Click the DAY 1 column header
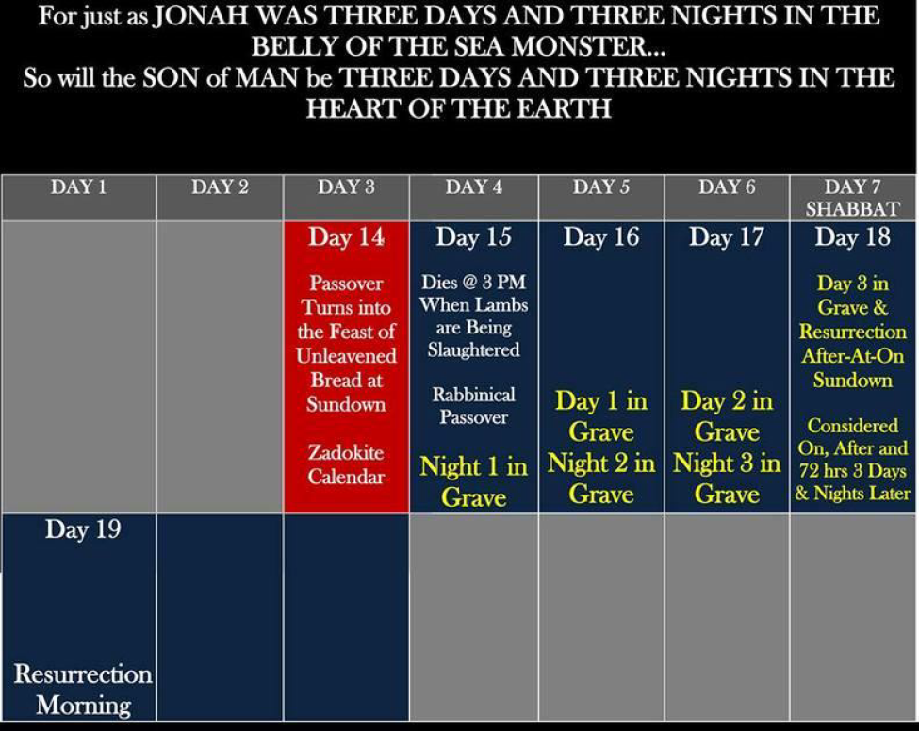[78, 187]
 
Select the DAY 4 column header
[473, 187]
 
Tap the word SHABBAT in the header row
[852, 208]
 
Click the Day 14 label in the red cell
[346, 237]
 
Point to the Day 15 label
[473, 237]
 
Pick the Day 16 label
[600, 237]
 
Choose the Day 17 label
[727, 237]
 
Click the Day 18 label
[852, 237]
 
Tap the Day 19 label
[83, 528]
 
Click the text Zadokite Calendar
[346, 463]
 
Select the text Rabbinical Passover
[473, 405]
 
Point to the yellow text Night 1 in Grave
[473, 481]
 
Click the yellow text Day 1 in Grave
[600, 415]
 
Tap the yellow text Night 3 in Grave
[727, 478]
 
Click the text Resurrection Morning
[83, 689]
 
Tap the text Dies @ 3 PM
[473, 282]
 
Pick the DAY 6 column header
[727, 187]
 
